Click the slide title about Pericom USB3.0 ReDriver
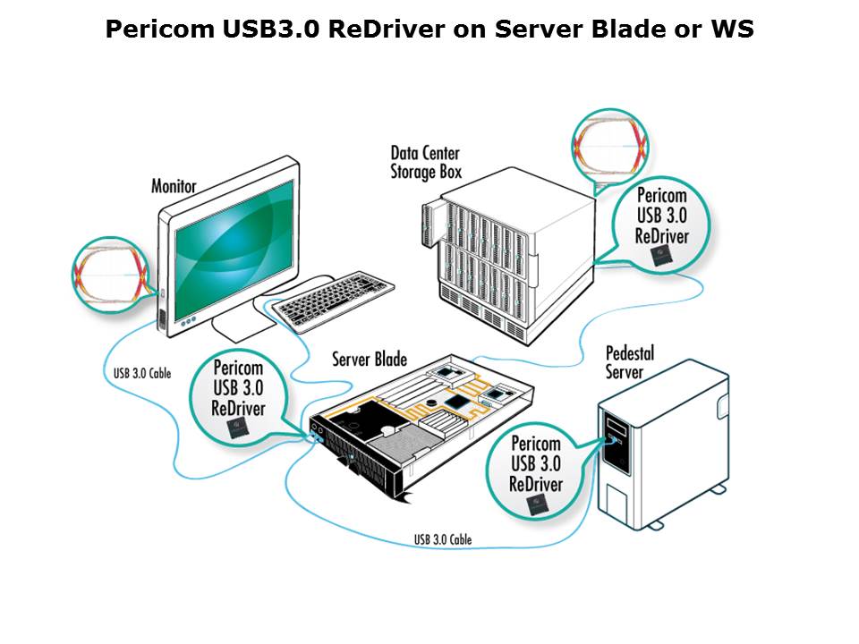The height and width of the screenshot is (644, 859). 429,30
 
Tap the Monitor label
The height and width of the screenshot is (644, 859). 174,186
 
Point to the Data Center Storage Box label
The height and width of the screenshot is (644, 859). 426,160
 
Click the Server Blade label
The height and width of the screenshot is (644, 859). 370,360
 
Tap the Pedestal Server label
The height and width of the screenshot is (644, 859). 630,360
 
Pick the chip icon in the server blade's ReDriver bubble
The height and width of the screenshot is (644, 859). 240,429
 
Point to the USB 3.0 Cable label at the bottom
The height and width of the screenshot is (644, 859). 442,539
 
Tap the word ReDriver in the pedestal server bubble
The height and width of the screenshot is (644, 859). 536,484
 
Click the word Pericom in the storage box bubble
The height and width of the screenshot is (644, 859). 661,196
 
